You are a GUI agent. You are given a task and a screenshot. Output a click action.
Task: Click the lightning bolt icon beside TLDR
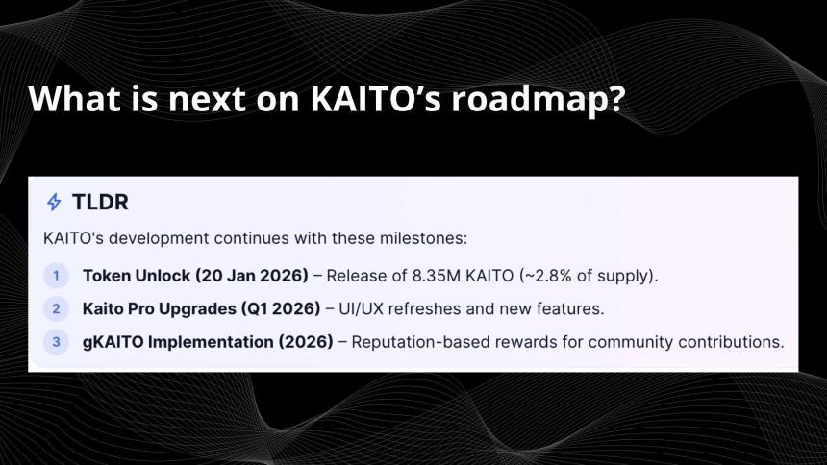click(x=54, y=203)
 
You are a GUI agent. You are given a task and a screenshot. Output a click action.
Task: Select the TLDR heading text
click(x=100, y=203)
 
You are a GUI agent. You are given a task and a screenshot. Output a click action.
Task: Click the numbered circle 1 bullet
click(x=56, y=276)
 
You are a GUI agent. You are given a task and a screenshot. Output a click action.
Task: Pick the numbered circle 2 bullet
click(x=56, y=308)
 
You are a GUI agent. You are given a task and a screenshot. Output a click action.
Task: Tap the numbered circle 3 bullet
click(x=56, y=341)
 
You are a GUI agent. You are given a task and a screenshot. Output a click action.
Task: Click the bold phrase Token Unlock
click(x=136, y=276)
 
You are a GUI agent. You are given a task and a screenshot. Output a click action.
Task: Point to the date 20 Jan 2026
click(x=251, y=276)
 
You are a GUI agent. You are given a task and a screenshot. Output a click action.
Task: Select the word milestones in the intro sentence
click(x=426, y=236)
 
